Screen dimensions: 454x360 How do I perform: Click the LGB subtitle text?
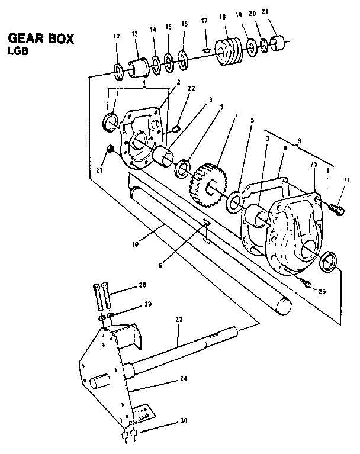point(19,51)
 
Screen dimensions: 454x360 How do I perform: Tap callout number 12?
point(117,37)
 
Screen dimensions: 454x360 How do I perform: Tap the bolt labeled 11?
point(336,208)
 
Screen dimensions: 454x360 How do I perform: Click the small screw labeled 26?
point(307,284)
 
